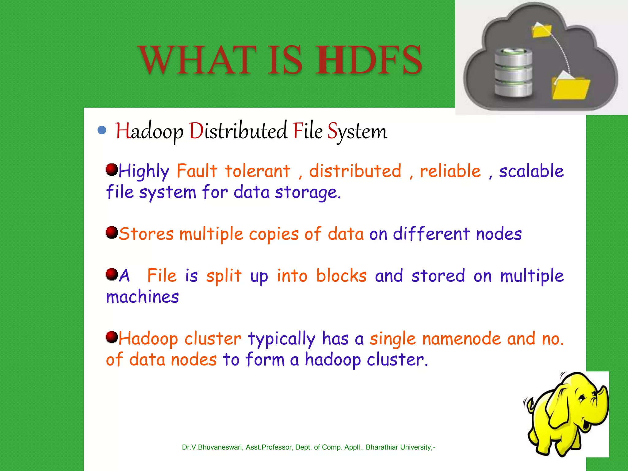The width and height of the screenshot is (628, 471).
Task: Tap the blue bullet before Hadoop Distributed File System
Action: [102, 130]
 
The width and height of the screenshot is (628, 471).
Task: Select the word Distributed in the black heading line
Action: [238, 131]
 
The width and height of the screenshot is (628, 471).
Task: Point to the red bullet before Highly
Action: [112, 170]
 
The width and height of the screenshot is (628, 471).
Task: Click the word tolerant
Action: [257, 171]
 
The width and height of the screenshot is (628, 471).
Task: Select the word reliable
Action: [450, 171]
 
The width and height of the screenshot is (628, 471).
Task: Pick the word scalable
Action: [531, 171]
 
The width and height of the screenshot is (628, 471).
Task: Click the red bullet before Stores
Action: [112, 232]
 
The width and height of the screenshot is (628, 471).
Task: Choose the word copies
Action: [274, 234]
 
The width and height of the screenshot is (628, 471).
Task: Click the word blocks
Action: [341, 275]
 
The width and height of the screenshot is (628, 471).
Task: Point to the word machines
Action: [142, 297]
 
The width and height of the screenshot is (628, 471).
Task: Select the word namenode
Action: [461, 339]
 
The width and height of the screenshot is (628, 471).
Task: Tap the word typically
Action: [281, 339]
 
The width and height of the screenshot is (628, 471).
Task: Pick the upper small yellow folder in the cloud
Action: [542, 30]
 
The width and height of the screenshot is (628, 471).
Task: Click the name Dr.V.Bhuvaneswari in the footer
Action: [212, 447]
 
